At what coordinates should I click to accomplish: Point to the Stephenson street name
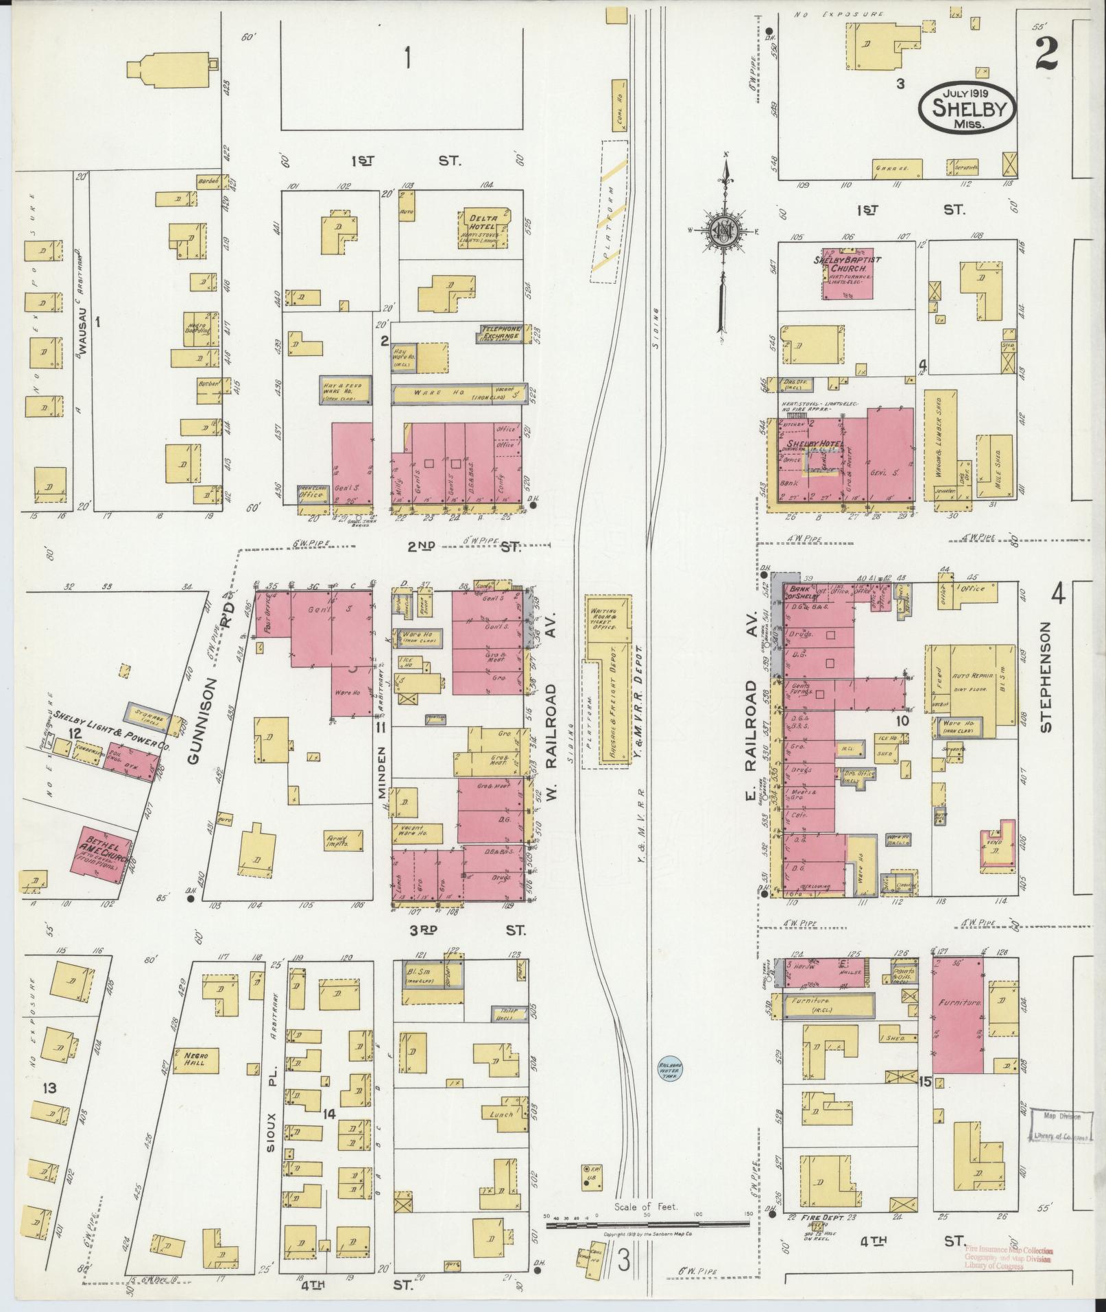click(x=1045, y=678)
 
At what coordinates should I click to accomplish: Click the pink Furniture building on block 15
click(x=957, y=1015)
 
